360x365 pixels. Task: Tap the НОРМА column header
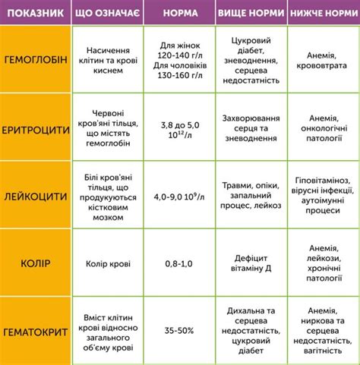coord(178,13)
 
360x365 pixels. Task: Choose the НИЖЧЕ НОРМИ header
coord(318,13)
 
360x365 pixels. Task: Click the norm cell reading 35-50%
coord(178,332)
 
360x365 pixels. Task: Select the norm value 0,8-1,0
coord(178,263)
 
